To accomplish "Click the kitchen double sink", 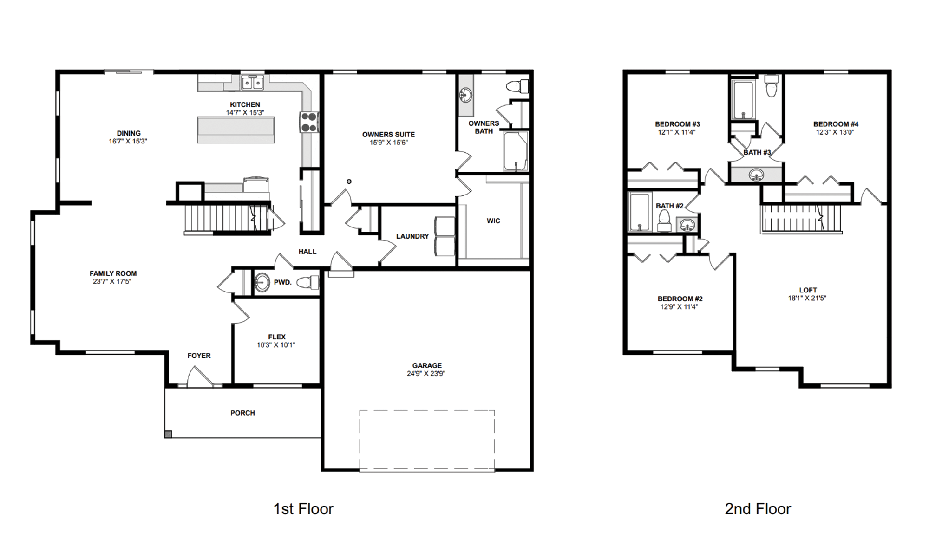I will click(252, 83).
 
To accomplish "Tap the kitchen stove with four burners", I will click(309, 123).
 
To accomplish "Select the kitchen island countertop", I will click(236, 130).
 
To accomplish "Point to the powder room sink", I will click(262, 282).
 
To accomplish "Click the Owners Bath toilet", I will click(517, 86).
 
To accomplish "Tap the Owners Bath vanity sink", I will click(465, 96).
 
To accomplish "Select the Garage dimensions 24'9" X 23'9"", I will click(426, 373).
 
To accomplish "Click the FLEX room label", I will click(277, 337).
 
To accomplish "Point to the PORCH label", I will click(242, 413).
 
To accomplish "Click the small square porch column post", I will click(168, 434).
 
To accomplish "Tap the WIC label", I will click(493, 221).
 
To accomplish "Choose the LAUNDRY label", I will click(412, 236).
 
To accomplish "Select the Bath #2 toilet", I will click(664, 221).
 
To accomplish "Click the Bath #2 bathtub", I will click(640, 212).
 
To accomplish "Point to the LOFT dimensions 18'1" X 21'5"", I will click(807, 298).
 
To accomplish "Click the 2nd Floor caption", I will click(758, 509).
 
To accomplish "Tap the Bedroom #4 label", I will click(836, 124).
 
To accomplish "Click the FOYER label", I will click(199, 356).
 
